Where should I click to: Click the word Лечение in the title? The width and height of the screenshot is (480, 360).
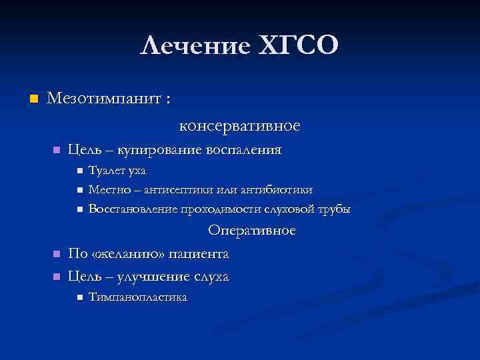tap(194, 46)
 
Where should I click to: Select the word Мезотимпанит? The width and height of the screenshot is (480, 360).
tap(104, 99)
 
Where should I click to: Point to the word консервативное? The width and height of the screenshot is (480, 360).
tap(239, 125)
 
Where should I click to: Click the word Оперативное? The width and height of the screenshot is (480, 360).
tap(251, 231)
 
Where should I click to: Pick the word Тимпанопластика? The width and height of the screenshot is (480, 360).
tap(138, 297)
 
